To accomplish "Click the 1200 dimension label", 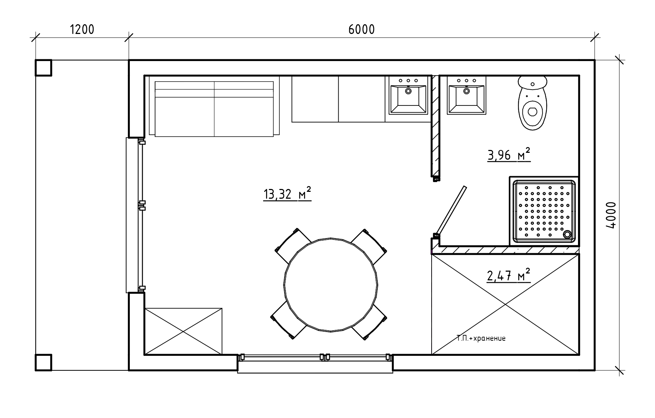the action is point(82,29).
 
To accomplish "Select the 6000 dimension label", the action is point(361,29).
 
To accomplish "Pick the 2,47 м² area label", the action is point(509,275).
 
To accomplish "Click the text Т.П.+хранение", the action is point(481,339).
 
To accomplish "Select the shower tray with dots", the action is point(544,211).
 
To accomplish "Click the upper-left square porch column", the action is point(43,68).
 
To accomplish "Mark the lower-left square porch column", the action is point(43,362).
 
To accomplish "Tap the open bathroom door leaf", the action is point(451,210).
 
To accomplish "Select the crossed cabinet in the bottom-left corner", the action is point(183,331).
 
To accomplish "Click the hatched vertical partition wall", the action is point(435,126).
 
